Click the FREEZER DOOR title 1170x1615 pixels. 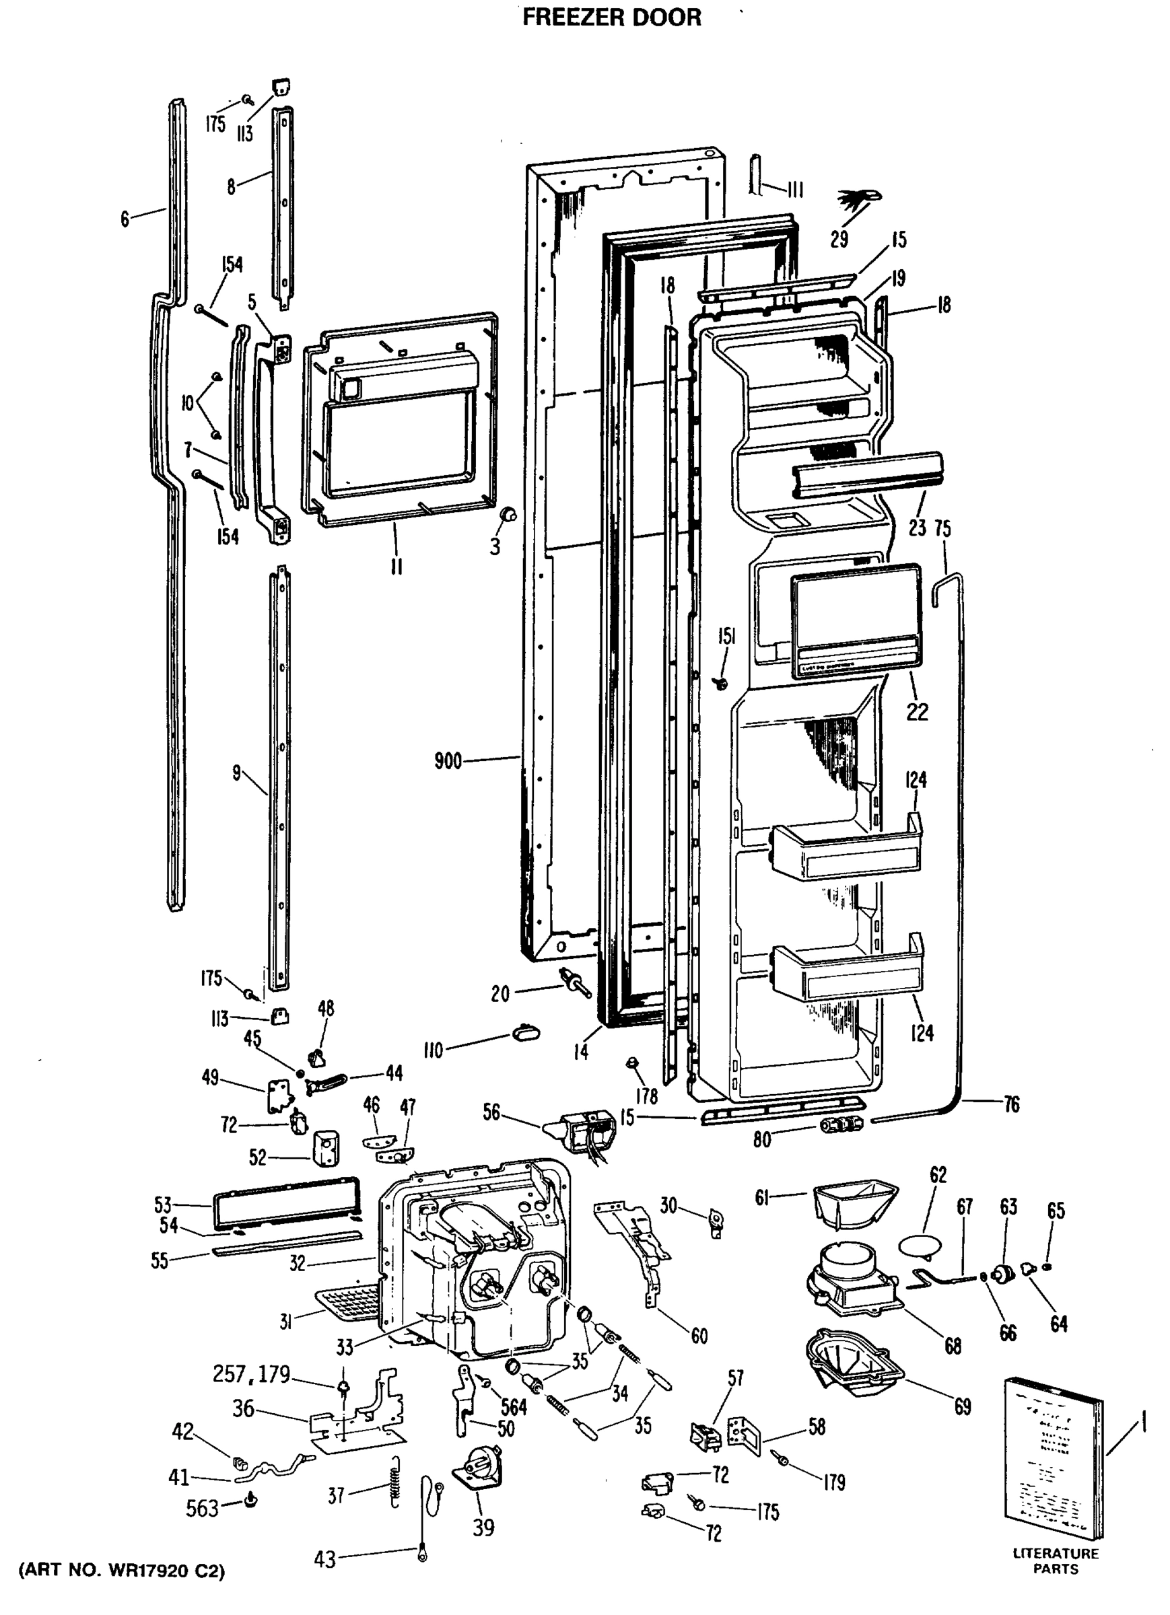click(x=611, y=17)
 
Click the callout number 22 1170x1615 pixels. click(x=917, y=711)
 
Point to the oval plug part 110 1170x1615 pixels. click(x=525, y=1031)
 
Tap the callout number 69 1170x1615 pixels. click(x=963, y=1406)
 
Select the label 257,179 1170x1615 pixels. click(x=251, y=1373)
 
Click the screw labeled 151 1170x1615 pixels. click(x=721, y=683)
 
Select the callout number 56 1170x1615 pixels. click(x=491, y=1112)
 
